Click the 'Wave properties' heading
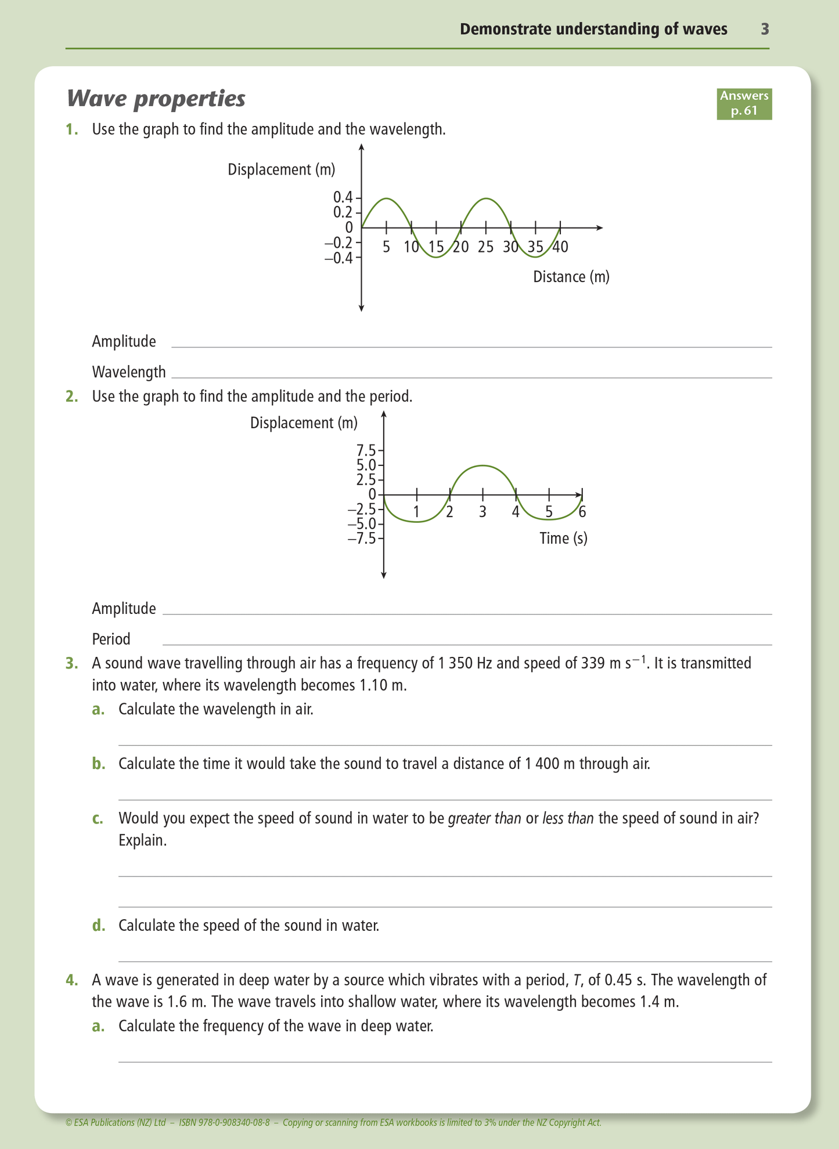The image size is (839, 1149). coord(156,99)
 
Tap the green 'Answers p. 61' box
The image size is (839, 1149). coord(744,103)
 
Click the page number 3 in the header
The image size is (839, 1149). coord(765,29)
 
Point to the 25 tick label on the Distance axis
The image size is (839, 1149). coord(486,247)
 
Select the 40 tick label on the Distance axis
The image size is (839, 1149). coord(560,247)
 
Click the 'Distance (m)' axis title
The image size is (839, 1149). coord(571,277)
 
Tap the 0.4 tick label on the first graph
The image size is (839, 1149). coord(343,197)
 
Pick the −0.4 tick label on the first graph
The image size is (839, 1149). coord(339,258)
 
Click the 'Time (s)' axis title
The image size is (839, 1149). coord(563,539)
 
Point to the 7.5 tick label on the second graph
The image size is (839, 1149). coord(366,450)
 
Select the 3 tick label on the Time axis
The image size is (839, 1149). coord(482,512)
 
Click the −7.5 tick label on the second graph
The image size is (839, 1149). coord(362,539)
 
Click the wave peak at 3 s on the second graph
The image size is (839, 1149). coord(482,465)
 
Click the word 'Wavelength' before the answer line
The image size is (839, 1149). coord(129,372)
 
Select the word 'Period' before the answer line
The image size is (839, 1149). coord(111,639)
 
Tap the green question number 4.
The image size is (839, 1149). coord(71,980)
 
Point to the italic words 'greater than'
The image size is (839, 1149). coord(484,818)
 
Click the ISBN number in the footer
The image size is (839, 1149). coord(225,1122)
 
